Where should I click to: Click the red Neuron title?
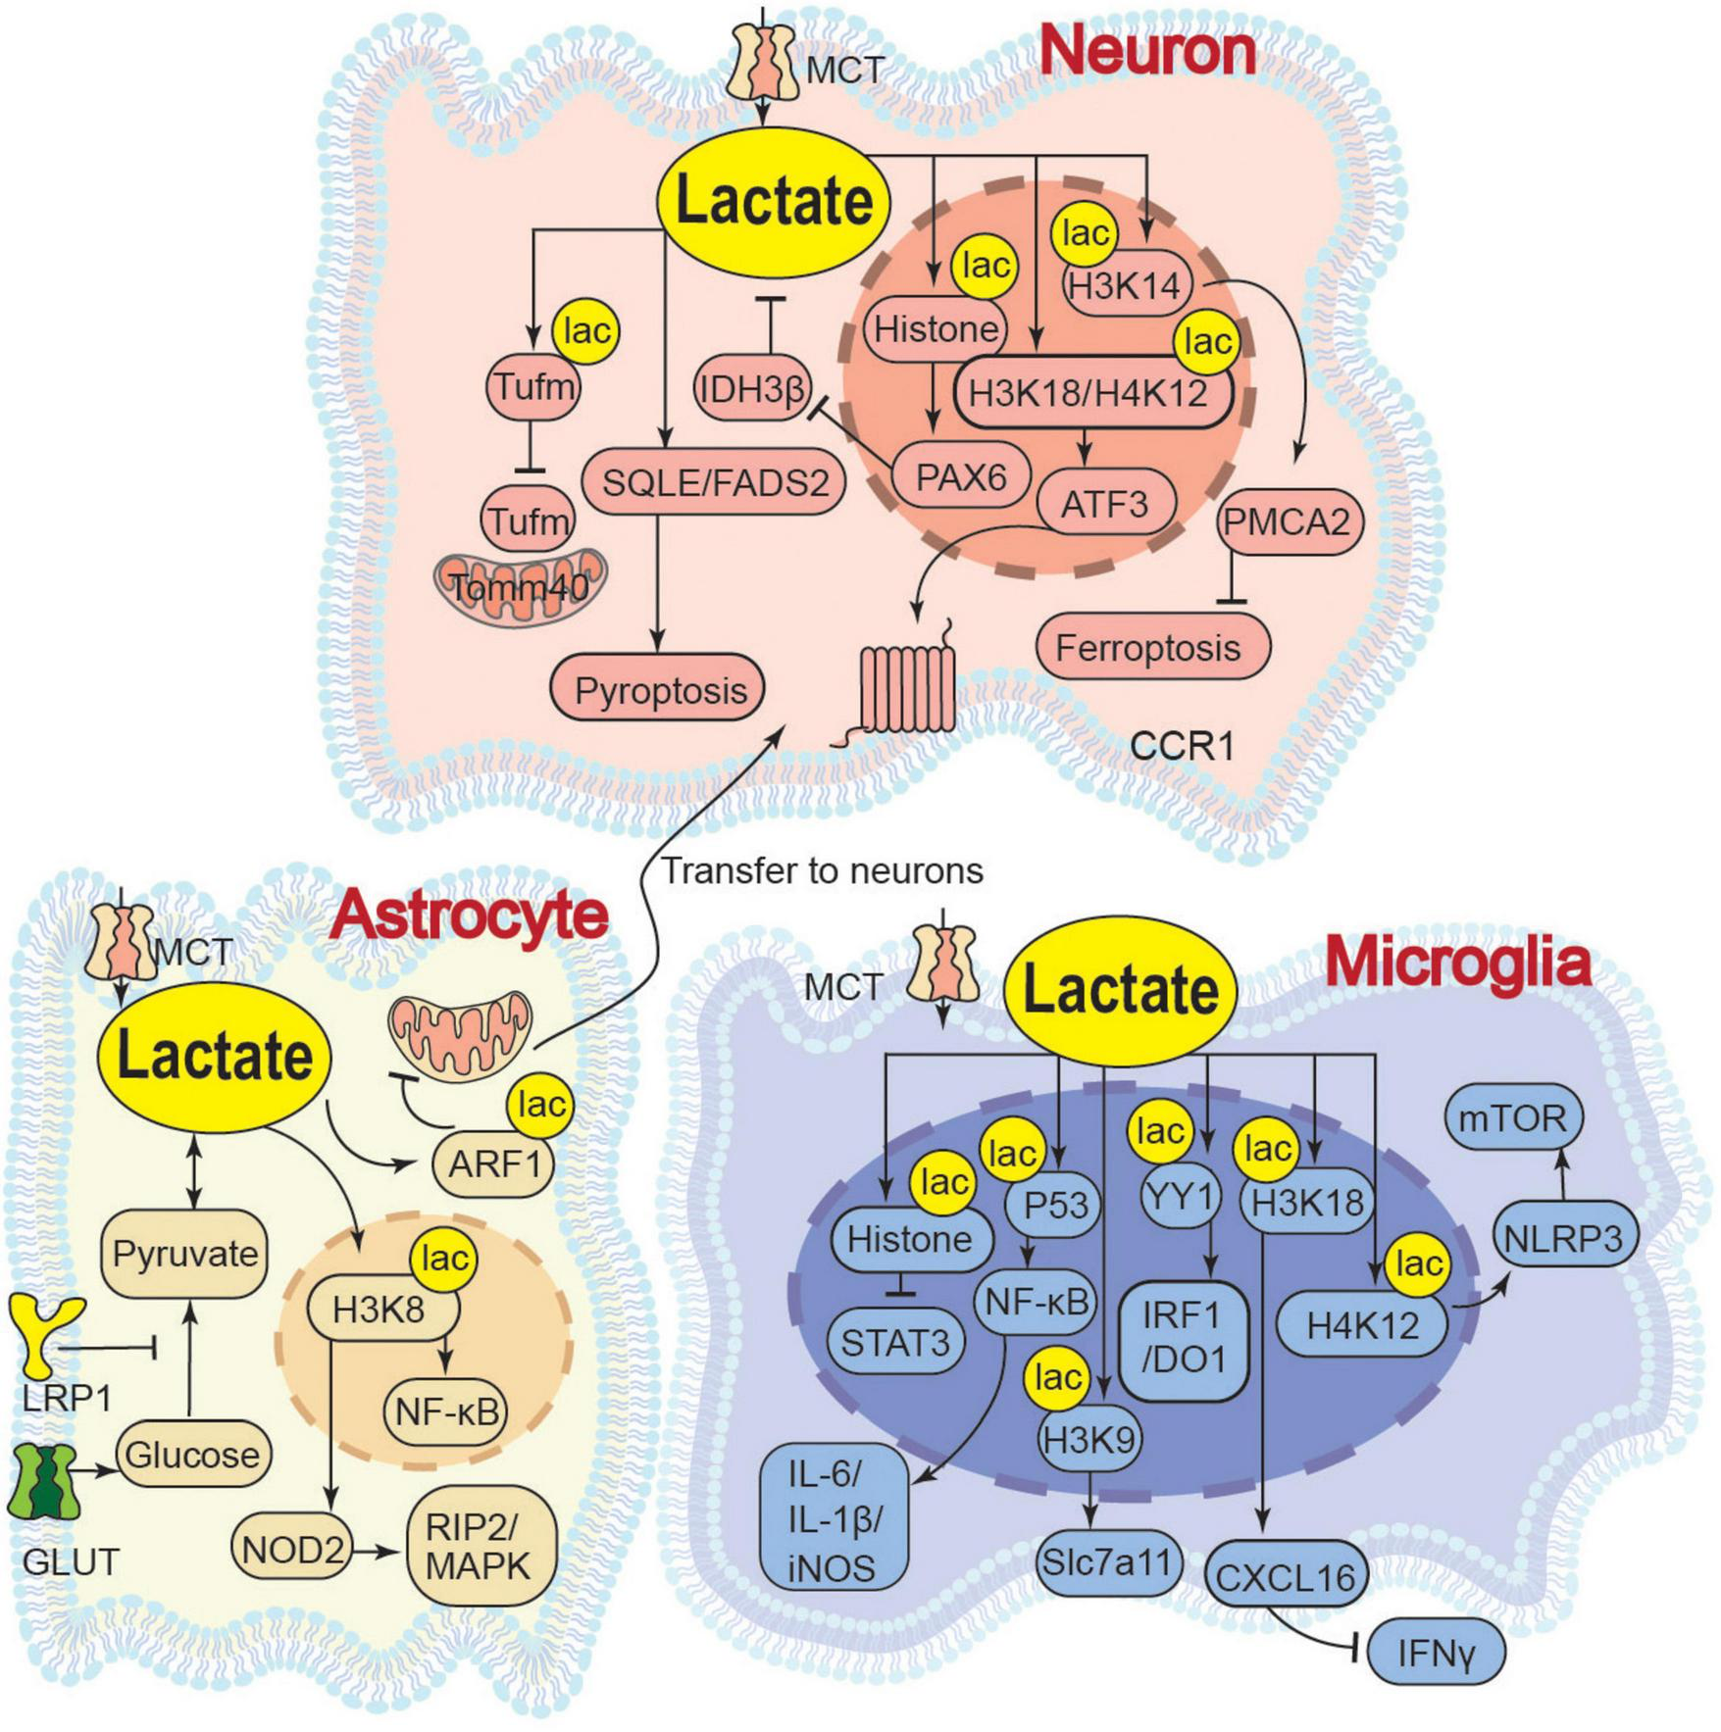tap(1146, 51)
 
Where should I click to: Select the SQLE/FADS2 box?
tap(714, 482)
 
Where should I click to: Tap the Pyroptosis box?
tap(658, 690)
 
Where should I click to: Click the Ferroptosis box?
tap(1149, 647)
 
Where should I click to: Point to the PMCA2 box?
tap(1290, 521)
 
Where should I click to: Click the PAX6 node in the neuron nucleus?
tap(961, 477)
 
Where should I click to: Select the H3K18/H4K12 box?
tap(1088, 393)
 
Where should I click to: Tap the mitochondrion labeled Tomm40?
tap(520, 586)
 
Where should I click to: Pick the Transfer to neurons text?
tap(822, 870)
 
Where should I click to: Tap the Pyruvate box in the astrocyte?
tap(184, 1254)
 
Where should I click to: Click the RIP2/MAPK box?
tap(481, 1548)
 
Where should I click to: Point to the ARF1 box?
tap(493, 1164)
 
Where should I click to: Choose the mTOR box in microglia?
tap(1512, 1117)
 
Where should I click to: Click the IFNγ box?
tap(1436, 1655)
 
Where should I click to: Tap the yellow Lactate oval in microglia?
tap(1121, 990)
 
